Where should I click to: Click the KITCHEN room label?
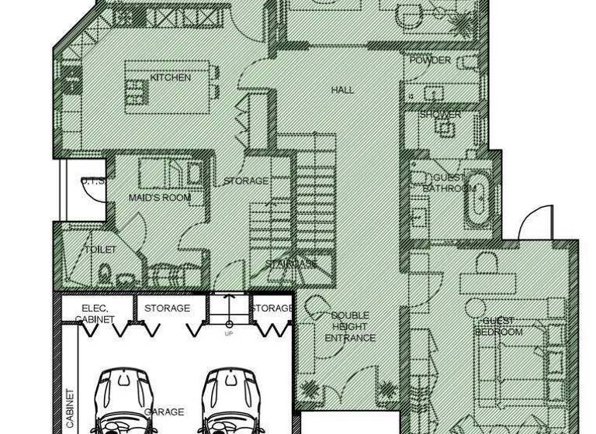point(171,77)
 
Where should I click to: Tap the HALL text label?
point(342,90)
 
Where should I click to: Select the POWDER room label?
point(430,60)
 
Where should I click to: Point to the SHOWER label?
point(440,115)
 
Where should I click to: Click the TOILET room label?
point(100,250)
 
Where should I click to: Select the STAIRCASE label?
point(291,264)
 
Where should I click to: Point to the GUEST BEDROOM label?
point(499,326)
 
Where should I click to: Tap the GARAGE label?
point(165,412)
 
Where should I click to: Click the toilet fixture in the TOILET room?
point(105,273)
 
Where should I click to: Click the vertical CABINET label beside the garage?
point(70,408)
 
